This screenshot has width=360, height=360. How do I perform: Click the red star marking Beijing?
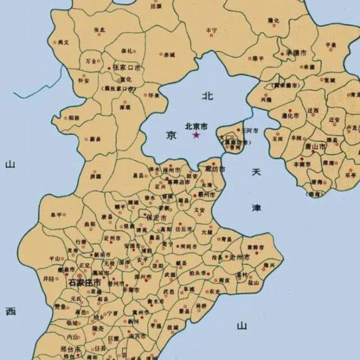196,135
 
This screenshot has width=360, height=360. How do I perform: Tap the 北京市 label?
196,127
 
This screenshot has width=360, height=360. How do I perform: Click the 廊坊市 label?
214,169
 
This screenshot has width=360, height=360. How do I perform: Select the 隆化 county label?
273,20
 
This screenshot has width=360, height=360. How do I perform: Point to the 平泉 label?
331,44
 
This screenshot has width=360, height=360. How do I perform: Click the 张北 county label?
99,29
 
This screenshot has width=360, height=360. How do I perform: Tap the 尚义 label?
64,42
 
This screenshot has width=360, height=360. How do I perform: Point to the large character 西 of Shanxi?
11,311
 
